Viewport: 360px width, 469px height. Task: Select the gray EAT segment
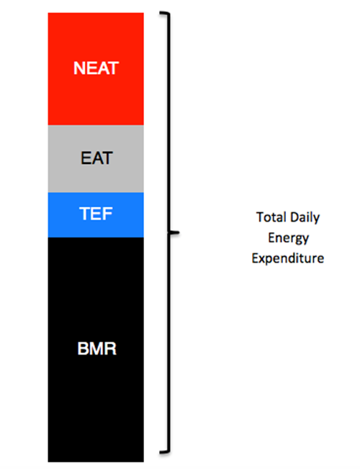[96, 158]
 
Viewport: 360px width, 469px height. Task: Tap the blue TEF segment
[96, 215]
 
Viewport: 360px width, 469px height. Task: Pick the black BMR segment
[96, 350]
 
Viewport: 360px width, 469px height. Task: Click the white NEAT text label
[96, 68]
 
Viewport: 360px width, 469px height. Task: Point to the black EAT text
[96, 158]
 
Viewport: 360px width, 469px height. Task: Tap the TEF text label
[96, 214]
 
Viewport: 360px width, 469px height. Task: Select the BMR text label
[96, 348]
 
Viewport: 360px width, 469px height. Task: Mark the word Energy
[288, 238]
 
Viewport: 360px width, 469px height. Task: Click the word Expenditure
[288, 258]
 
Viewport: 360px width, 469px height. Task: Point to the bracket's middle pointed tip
[179, 232]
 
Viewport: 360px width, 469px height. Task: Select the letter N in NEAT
[79, 68]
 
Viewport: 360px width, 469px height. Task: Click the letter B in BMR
[82, 348]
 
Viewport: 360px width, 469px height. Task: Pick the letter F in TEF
[108, 214]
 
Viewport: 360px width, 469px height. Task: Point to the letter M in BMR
[96, 348]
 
